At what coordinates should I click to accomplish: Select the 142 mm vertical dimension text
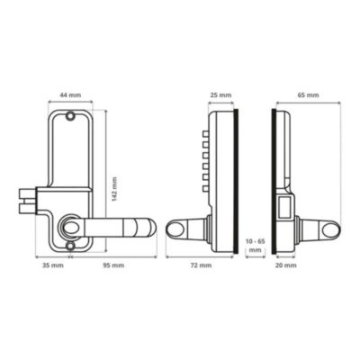point(114,189)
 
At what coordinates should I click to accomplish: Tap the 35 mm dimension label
point(53,265)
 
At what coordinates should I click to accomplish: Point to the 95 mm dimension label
point(113,265)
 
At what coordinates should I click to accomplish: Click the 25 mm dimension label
point(220,95)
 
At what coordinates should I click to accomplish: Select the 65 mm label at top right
point(308,95)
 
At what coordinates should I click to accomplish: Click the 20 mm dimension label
point(286,265)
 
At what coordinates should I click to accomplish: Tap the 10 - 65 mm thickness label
point(255,246)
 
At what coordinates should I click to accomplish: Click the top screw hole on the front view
point(70,115)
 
